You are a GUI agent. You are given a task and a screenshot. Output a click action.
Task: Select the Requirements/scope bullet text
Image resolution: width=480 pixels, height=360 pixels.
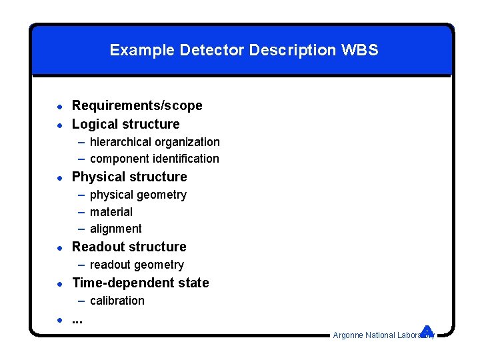coord(137,105)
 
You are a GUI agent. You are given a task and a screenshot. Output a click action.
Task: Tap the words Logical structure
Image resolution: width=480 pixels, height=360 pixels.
coord(125,124)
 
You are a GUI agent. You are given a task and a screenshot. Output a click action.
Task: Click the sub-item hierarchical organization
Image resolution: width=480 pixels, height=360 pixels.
coord(155,142)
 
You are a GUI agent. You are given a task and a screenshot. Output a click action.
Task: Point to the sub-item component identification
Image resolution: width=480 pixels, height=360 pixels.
coord(154,159)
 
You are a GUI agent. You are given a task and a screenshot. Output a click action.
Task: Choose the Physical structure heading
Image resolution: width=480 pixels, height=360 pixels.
coord(129,177)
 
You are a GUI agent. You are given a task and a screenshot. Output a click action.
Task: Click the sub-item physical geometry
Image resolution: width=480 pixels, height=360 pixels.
coord(138,195)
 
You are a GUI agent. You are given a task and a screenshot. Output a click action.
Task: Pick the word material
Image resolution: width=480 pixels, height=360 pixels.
coord(111,212)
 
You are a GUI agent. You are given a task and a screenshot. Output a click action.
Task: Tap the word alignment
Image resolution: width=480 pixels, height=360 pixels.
coord(116,229)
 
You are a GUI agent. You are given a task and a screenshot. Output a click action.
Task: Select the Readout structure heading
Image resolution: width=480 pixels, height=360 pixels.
coord(129,247)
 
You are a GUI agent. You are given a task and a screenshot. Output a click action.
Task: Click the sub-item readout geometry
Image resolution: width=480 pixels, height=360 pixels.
coord(137,265)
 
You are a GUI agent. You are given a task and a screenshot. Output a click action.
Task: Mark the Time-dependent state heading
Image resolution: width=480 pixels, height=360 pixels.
coord(141,283)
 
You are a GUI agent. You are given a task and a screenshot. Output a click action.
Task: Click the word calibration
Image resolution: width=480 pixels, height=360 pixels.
coord(117,301)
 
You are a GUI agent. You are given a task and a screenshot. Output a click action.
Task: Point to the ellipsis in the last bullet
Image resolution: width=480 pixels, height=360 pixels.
coord(77,321)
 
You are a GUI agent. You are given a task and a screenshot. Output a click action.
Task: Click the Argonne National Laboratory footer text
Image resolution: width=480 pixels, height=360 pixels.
coord(380,335)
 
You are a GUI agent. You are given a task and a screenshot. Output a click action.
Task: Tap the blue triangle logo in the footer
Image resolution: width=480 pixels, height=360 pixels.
coord(427,330)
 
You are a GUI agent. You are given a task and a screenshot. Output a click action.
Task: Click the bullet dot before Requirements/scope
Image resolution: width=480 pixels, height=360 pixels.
coord(59,106)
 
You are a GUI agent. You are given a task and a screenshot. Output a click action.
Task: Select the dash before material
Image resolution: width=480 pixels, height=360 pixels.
coord(81,212)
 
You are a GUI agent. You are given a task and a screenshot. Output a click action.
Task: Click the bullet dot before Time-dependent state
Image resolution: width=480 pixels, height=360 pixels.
coord(59,283)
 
